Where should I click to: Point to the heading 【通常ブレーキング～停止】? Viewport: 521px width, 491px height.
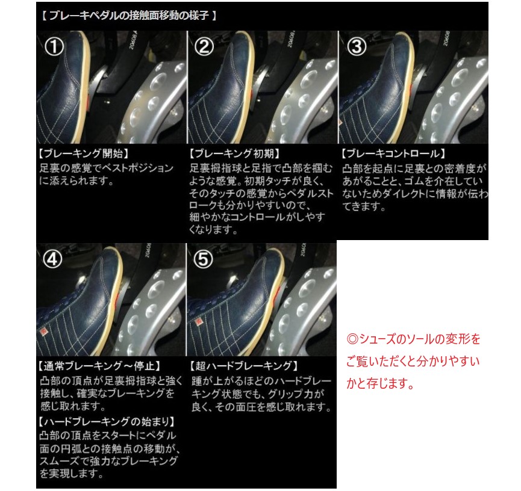(x=99, y=366)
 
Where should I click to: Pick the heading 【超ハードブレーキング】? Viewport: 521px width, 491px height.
(x=243, y=366)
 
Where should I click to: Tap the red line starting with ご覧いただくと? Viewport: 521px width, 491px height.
(x=413, y=362)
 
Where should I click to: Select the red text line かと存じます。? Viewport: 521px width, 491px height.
(x=379, y=384)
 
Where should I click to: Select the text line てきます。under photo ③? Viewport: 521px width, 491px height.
(x=363, y=206)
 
